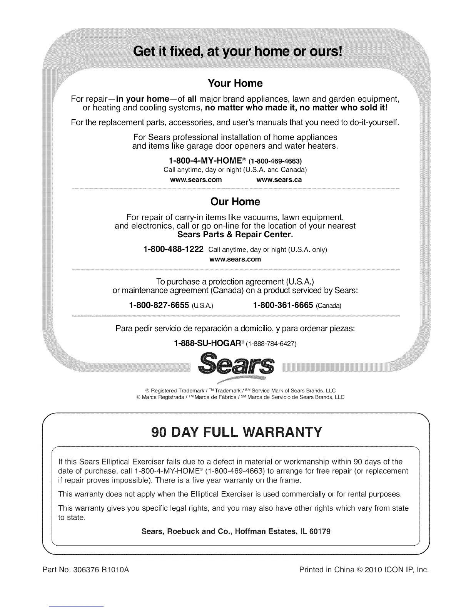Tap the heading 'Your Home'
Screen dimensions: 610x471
(x=235, y=83)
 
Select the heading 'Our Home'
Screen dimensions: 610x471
(x=235, y=202)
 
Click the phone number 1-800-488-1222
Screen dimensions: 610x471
(x=173, y=249)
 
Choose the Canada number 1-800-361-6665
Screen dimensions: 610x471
(x=283, y=305)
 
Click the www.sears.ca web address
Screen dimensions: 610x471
(x=279, y=180)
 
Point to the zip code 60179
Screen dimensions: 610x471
(x=320, y=531)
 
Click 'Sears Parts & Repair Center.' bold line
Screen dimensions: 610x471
(x=235, y=235)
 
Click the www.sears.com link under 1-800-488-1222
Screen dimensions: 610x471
(x=235, y=259)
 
